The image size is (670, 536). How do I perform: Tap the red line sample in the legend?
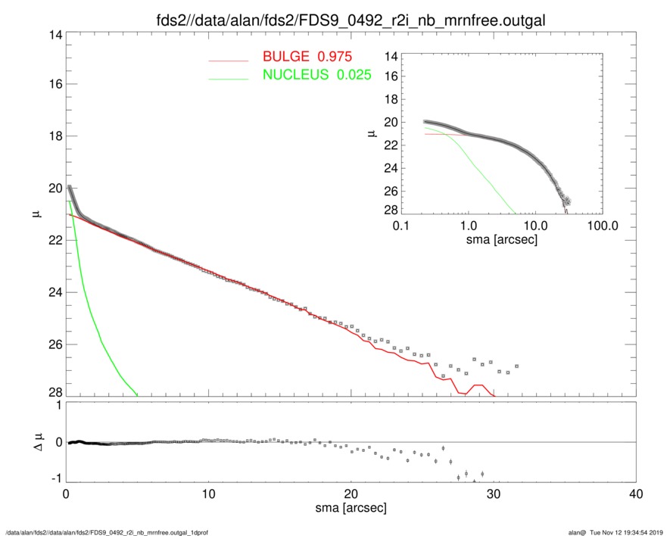[x=229, y=59]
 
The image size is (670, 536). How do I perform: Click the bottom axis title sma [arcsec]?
[x=351, y=510]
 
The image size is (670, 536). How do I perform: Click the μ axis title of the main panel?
[x=36, y=215]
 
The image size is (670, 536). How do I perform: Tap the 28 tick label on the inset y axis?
[x=390, y=210]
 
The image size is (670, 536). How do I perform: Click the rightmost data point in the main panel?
[x=516, y=366]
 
